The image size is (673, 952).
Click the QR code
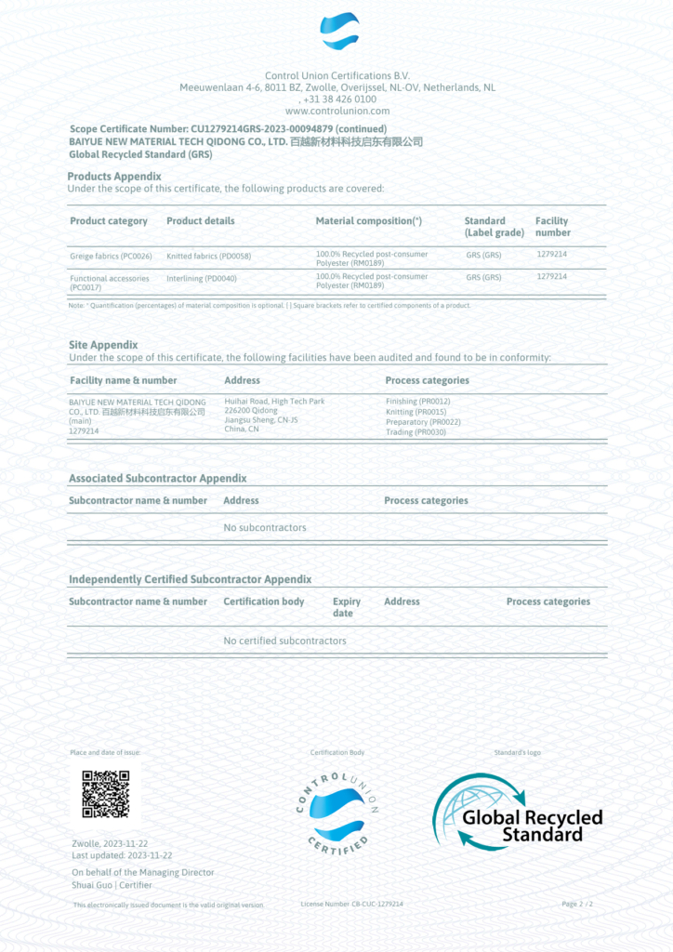coord(105,794)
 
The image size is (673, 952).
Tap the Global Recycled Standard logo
coord(518,812)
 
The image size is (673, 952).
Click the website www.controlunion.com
coord(337,111)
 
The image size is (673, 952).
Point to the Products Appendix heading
coord(114,176)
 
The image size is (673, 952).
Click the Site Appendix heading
coord(103,344)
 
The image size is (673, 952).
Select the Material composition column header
coord(369,221)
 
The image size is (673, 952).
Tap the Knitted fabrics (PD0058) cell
coord(208,256)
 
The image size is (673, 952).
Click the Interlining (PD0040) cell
coord(202,277)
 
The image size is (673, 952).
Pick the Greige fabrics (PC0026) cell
coord(111,256)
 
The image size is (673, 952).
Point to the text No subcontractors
coord(265,528)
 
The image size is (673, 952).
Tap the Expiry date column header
coord(346,607)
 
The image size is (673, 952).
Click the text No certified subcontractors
coord(284,641)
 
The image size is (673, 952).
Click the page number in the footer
coord(577,904)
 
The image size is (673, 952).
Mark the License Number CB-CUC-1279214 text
coord(352,904)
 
